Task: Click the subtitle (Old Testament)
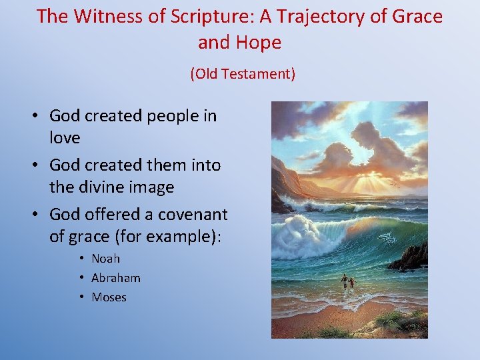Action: pos(243,74)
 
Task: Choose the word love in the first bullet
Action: pos(65,138)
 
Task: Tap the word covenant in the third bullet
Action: pos(194,214)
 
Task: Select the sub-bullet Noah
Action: pos(105,259)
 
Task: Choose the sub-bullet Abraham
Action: pos(115,278)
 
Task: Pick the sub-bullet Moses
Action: pos(109,297)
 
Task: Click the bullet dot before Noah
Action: pos(80,259)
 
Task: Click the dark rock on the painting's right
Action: pos(412,257)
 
